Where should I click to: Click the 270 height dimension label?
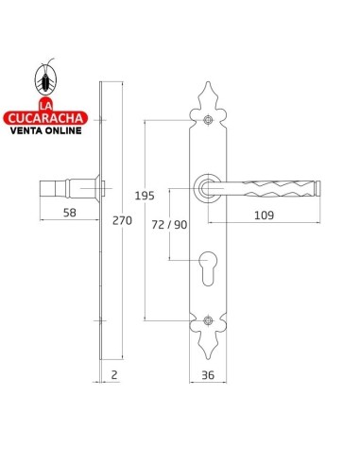point(122,220)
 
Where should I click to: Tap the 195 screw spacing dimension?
point(145,196)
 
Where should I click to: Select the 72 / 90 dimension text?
point(169,225)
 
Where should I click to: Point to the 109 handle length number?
point(264,215)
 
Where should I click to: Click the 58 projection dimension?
point(70,213)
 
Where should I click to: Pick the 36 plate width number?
point(208,375)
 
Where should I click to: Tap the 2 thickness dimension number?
point(114,374)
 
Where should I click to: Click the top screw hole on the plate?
point(208,120)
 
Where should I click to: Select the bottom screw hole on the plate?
point(208,320)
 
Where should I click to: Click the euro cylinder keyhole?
point(208,268)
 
